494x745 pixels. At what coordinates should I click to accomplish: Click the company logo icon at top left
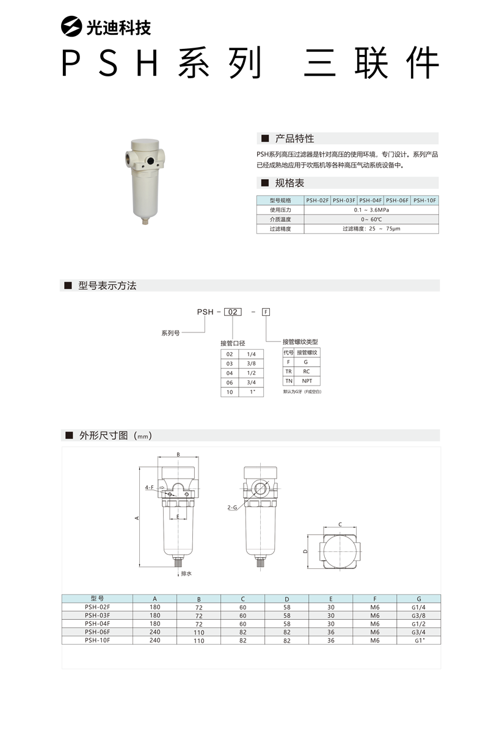coord(71,27)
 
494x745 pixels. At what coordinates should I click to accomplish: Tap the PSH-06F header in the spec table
coord(398,200)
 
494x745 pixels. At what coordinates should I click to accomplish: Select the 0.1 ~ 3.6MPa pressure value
coord(371,210)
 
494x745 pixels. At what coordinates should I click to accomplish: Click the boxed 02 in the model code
coord(232,312)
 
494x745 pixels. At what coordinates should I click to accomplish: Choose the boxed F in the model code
coord(266,312)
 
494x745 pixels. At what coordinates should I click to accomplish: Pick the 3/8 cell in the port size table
coord(251,364)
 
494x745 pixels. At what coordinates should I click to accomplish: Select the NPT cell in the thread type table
coord(307,381)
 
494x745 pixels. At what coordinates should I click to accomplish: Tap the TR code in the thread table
coord(289,372)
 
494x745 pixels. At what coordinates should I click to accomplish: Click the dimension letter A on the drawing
coord(137,518)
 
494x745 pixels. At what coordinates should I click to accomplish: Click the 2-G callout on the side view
coord(231,507)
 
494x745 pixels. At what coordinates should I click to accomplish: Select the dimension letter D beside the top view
coord(305,551)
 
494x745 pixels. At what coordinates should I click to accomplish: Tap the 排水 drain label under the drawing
coord(186,574)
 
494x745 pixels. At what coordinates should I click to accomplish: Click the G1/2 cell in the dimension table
coord(418,624)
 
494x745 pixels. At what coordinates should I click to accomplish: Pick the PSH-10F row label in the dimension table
coord(98,640)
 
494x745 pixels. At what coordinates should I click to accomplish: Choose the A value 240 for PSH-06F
coord(155,633)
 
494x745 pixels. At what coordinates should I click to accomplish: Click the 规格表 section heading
coord(289,183)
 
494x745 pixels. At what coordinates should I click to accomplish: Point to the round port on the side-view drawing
coord(261,488)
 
